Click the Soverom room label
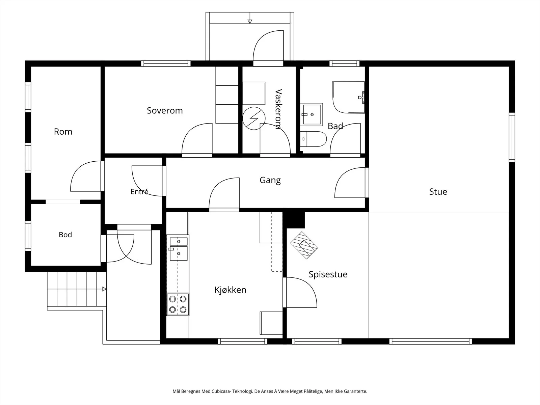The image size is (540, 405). (165, 111)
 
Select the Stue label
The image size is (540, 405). (438, 192)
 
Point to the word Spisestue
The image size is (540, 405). (328, 274)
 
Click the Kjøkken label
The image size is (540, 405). (230, 290)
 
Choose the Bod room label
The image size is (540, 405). (65, 235)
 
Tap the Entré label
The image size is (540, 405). (139, 191)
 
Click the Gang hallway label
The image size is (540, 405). (270, 180)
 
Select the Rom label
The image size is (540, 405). (63, 132)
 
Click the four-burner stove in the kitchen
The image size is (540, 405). (178, 304)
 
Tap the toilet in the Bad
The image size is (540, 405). (313, 139)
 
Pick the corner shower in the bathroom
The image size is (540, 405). (349, 97)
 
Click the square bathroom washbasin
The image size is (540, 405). (312, 115)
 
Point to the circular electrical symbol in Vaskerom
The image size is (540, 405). (254, 118)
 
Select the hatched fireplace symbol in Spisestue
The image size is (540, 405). (304, 245)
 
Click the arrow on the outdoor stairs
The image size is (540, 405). (104, 289)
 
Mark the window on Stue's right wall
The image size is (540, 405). (512, 137)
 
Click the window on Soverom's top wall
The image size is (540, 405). (166, 63)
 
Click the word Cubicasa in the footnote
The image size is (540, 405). (219, 391)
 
